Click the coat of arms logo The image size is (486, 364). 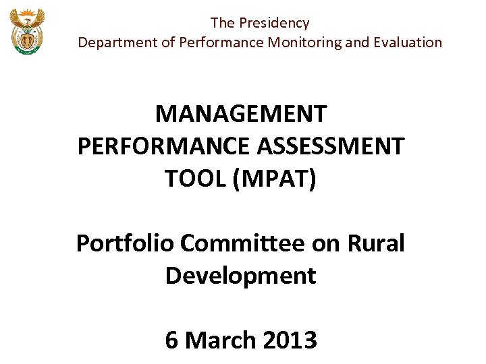click(x=27, y=32)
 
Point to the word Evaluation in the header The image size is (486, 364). click(x=408, y=42)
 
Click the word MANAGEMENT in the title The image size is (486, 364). click(x=241, y=114)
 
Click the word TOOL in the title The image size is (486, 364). click(x=194, y=179)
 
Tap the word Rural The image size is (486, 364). click(x=375, y=243)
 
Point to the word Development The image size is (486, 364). click(x=241, y=275)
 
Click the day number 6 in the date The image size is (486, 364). click(x=171, y=340)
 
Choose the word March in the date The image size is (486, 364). click(x=216, y=340)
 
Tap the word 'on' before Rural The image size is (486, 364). click(x=327, y=243)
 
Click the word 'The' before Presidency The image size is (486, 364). click(x=222, y=23)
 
